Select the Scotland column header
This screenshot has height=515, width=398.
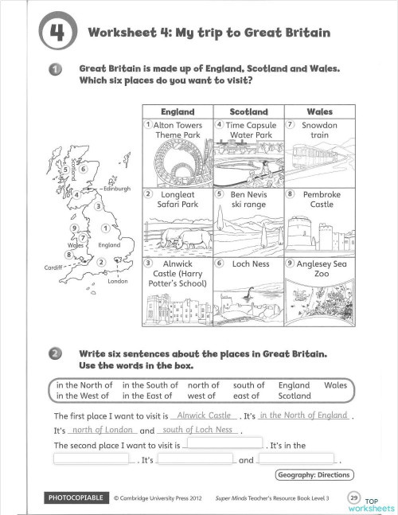(x=248, y=111)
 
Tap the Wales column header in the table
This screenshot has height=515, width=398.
(x=319, y=111)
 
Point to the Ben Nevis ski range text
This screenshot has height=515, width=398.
(x=248, y=199)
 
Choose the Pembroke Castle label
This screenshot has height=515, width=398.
(x=321, y=199)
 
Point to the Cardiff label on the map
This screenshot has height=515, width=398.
(x=54, y=267)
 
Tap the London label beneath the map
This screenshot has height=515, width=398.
(x=118, y=281)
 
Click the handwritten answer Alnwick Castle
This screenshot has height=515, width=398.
(x=205, y=415)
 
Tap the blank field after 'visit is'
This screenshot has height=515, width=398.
(x=225, y=444)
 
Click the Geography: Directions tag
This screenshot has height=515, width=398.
(x=314, y=475)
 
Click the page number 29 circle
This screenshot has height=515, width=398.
(x=353, y=497)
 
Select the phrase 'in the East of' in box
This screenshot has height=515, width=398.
(x=147, y=396)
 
